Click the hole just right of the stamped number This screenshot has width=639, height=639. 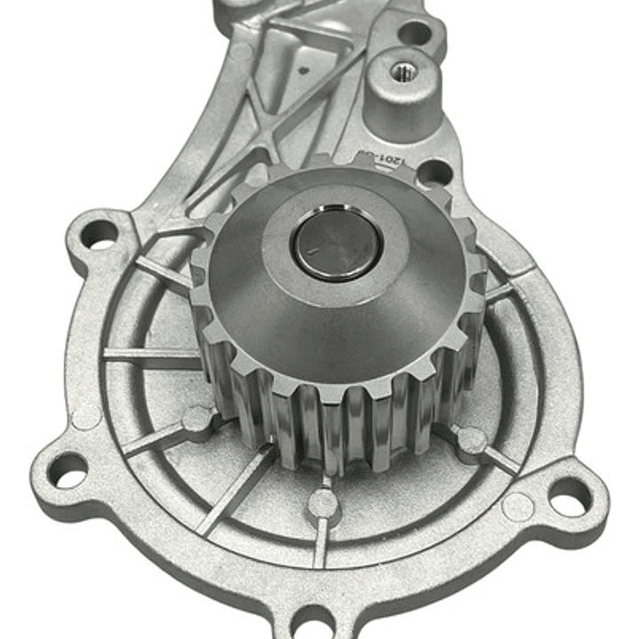click(433, 172)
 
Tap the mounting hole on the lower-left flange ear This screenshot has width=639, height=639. click(68, 469)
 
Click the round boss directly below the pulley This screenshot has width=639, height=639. click(323, 505)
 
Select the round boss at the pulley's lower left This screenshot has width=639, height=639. click(197, 418)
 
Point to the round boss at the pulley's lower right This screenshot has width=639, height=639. click(470, 439)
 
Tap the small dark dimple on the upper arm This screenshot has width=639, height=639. click(305, 66)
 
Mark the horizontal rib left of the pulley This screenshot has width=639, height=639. click(151, 355)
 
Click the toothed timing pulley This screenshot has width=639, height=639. click(338, 355)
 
